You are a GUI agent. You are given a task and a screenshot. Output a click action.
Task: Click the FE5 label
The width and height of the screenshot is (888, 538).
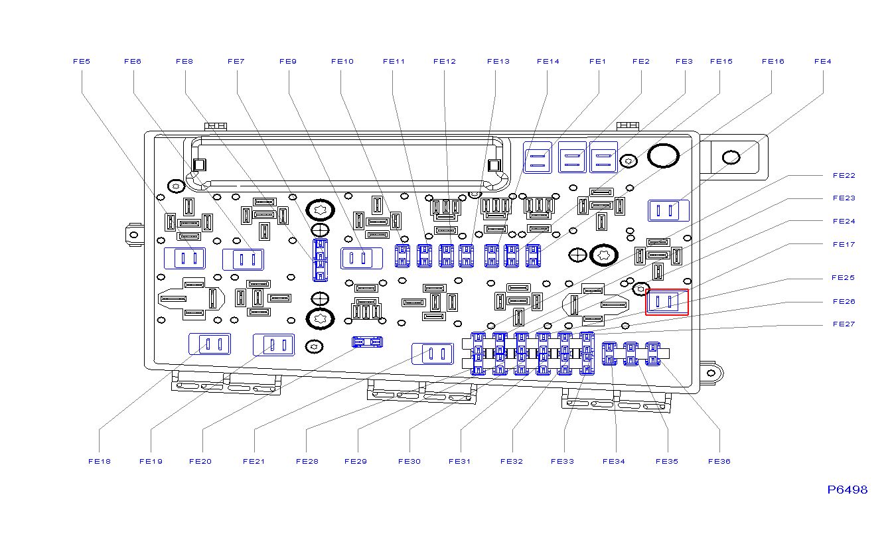pyautogui.click(x=81, y=62)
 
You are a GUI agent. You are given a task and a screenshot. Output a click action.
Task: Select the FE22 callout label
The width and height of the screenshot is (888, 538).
pyautogui.click(x=844, y=176)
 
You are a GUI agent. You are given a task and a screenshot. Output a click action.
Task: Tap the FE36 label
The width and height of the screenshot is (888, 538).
pyautogui.click(x=719, y=462)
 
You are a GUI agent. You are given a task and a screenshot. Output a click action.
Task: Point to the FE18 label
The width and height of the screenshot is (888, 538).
pyautogui.click(x=100, y=462)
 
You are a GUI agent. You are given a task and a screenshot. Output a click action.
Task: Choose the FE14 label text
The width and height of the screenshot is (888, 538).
pyautogui.click(x=548, y=62)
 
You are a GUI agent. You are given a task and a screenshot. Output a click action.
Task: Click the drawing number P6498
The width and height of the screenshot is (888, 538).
pyautogui.click(x=847, y=490)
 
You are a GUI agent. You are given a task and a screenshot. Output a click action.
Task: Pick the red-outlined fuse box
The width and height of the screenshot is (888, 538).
pyautogui.click(x=667, y=302)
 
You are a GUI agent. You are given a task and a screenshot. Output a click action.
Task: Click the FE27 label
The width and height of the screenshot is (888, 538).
pyautogui.click(x=844, y=324)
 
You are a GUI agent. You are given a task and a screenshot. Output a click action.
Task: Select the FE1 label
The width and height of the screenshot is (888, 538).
pyautogui.click(x=597, y=62)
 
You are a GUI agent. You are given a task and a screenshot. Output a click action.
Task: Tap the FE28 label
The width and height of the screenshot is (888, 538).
pyautogui.click(x=307, y=462)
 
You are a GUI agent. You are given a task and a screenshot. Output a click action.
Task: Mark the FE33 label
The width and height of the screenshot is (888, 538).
pyautogui.click(x=562, y=462)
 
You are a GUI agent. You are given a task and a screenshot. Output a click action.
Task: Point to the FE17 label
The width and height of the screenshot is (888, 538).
pyautogui.click(x=844, y=245)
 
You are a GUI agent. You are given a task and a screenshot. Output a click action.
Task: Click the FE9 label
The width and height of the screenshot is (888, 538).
pyautogui.click(x=288, y=62)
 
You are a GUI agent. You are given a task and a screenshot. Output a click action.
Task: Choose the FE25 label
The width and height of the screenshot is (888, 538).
pyautogui.click(x=844, y=278)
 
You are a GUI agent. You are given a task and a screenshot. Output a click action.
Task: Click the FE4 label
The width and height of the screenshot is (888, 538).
pyautogui.click(x=822, y=62)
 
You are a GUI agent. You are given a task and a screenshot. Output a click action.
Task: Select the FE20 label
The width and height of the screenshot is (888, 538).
pyautogui.click(x=200, y=462)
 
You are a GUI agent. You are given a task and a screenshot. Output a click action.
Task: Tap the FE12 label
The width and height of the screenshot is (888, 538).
pyautogui.click(x=445, y=62)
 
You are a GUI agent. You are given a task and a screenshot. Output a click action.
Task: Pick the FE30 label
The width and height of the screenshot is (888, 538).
pyautogui.click(x=409, y=462)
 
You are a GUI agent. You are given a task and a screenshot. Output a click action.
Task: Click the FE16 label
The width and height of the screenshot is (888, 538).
pyautogui.click(x=773, y=62)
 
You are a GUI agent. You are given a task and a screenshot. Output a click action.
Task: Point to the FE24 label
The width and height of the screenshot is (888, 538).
pyautogui.click(x=844, y=222)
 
